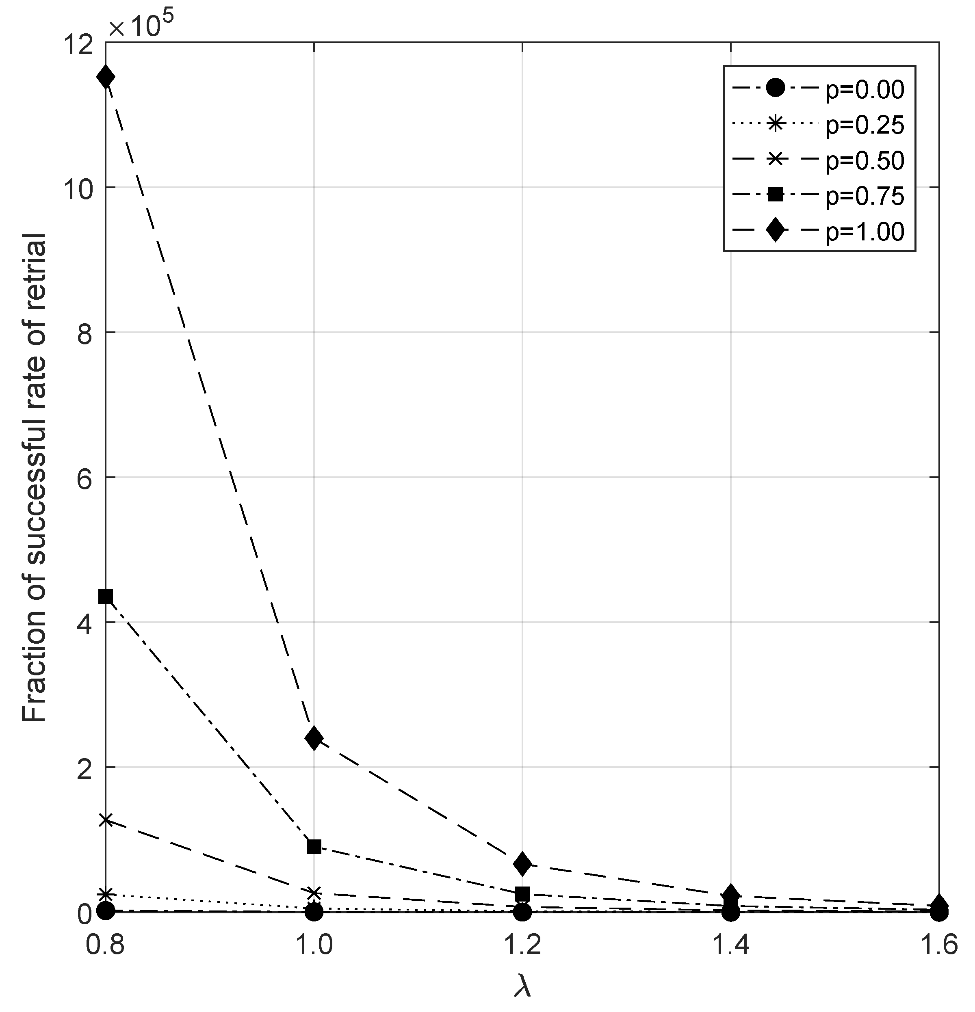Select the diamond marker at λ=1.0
(x=314, y=739)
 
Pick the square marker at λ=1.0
(x=314, y=847)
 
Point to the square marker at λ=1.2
(x=522, y=894)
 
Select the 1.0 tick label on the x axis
(x=314, y=945)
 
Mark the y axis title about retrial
(x=35, y=478)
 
